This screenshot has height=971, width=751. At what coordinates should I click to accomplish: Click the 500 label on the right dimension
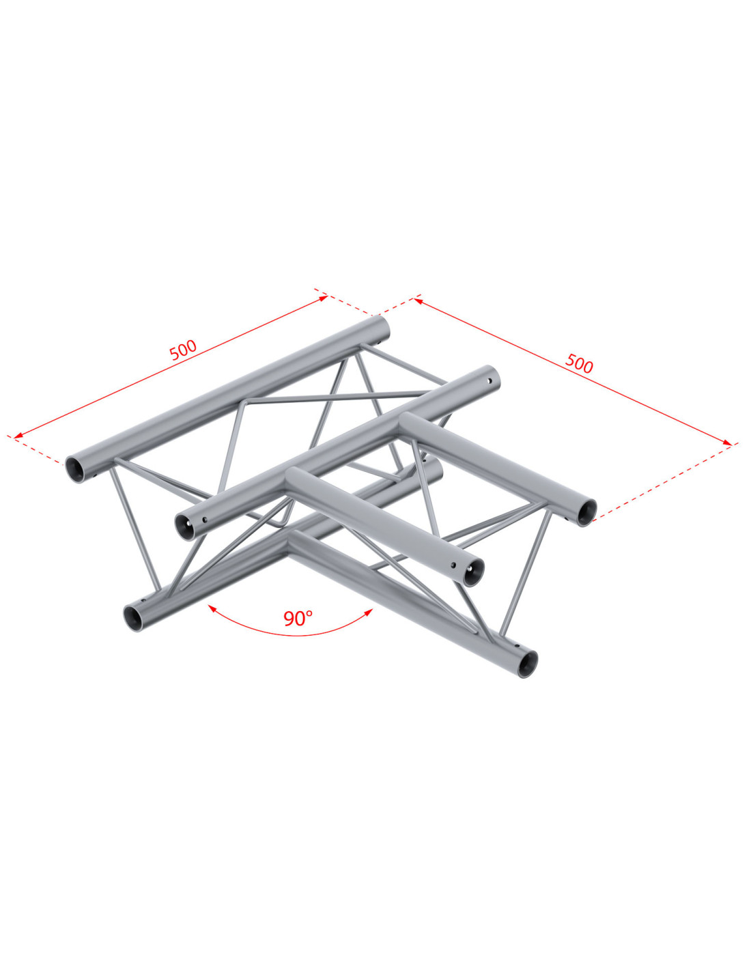[x=578, y=363]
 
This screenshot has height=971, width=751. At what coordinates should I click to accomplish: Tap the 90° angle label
[x=298, y=618]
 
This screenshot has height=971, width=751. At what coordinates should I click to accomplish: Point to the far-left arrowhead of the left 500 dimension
[x=18, y=436]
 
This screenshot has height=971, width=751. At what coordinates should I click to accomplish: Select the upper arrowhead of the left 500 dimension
[x=323, y=298]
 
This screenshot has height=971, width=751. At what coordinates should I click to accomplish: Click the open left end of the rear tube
[x=75, y=469]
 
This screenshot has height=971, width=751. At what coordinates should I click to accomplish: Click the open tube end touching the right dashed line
[x=586, y=512]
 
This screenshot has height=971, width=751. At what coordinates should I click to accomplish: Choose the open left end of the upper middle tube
[x=184, y=527]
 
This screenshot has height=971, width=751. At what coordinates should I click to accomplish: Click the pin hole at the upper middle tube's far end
[x=490, y=381]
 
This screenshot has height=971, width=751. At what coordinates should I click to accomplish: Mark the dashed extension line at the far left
[x=35, y=449]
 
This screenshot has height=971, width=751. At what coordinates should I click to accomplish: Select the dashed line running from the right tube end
[x=665, y=481]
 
